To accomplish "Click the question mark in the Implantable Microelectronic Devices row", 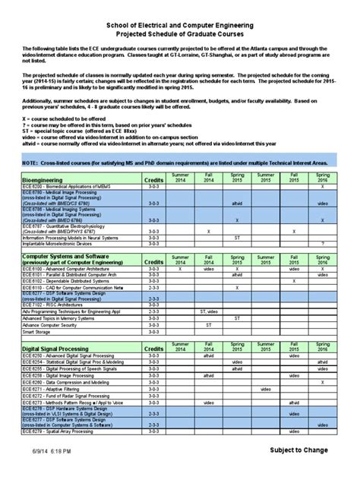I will click(x=323, y=243).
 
